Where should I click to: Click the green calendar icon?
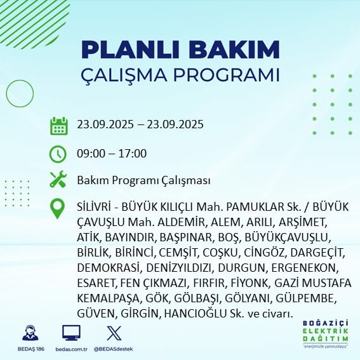click(58, 125)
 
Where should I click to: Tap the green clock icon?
click(58, 154)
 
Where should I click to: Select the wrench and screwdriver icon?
click(58, 180)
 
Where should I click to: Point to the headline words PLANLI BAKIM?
click(180, 50)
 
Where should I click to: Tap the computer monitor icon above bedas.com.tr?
click(71, 333)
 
